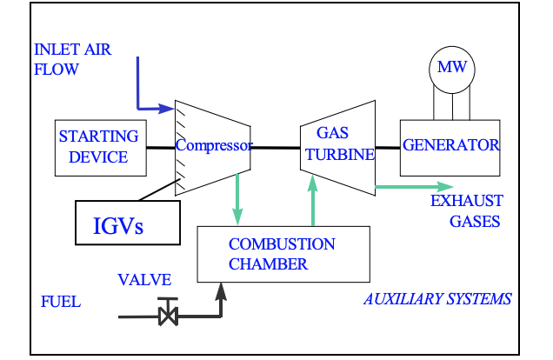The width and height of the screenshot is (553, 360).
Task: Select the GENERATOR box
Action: tap(450, 145)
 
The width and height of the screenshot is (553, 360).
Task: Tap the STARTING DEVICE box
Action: tap(98, 146)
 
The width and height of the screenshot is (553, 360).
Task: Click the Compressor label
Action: tap(214, 146)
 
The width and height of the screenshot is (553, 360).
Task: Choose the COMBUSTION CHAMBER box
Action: tap(282, 253)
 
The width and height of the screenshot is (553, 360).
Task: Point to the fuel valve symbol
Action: tap(168, 313)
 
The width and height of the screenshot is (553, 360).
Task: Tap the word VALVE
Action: tap(145, 280)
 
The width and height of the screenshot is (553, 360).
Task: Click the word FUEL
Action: tap(61, 303)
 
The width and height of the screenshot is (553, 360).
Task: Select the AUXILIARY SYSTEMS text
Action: tap(437, 299)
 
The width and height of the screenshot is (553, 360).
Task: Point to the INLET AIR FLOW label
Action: tap(73, 58)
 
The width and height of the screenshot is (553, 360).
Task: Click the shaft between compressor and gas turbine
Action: tap(276, 147)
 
